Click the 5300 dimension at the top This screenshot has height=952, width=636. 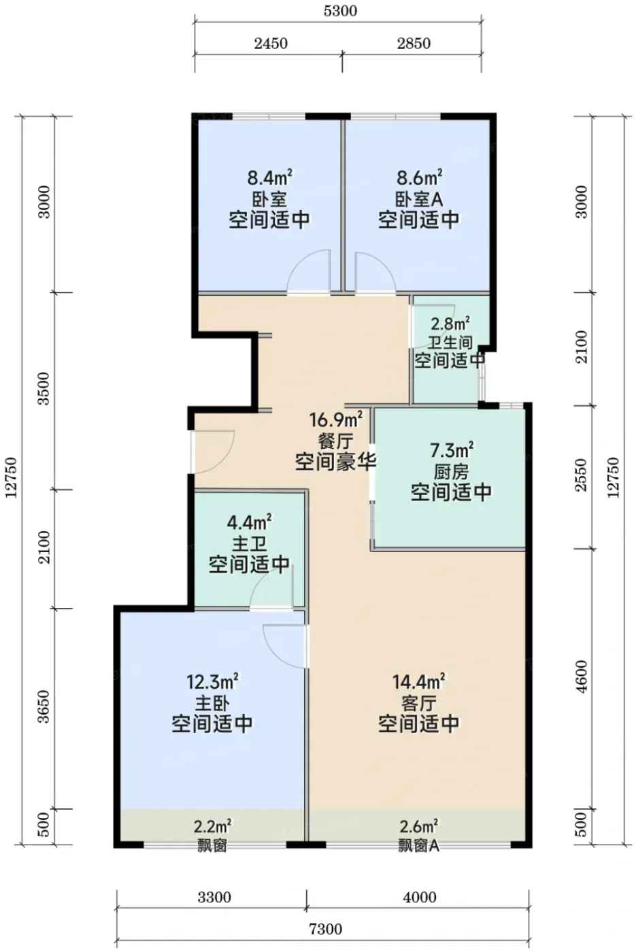[340, 10]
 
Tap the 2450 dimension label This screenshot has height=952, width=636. [271, 43]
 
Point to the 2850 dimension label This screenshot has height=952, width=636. [414, 43]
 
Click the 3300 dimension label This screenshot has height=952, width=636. [214, 897]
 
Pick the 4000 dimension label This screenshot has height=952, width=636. [419, 897]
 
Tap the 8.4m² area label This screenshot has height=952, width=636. [271, 177]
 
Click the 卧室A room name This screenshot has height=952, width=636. [419, 199]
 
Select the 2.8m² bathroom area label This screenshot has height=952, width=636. [450, 324]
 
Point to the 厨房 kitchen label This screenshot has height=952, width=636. [451, 471]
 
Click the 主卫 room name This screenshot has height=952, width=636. [249, 543]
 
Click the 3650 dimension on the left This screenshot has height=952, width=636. [44, 707]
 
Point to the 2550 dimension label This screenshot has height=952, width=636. [582, 475]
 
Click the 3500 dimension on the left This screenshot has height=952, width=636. [44, 388]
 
